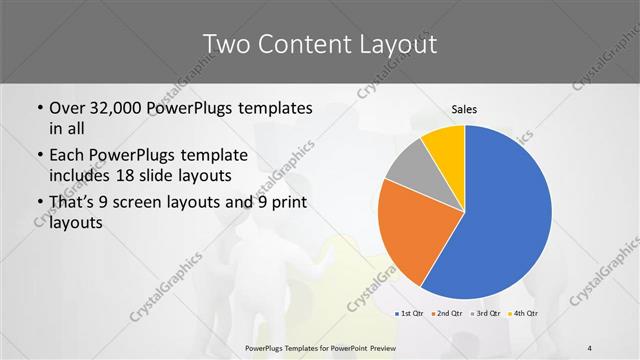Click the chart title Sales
(465, 108)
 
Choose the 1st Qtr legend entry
(409, 314)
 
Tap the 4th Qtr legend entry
(524, 314)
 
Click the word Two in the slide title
(226, 43)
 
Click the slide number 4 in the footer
(590, 348)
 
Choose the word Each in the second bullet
(66, 156)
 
